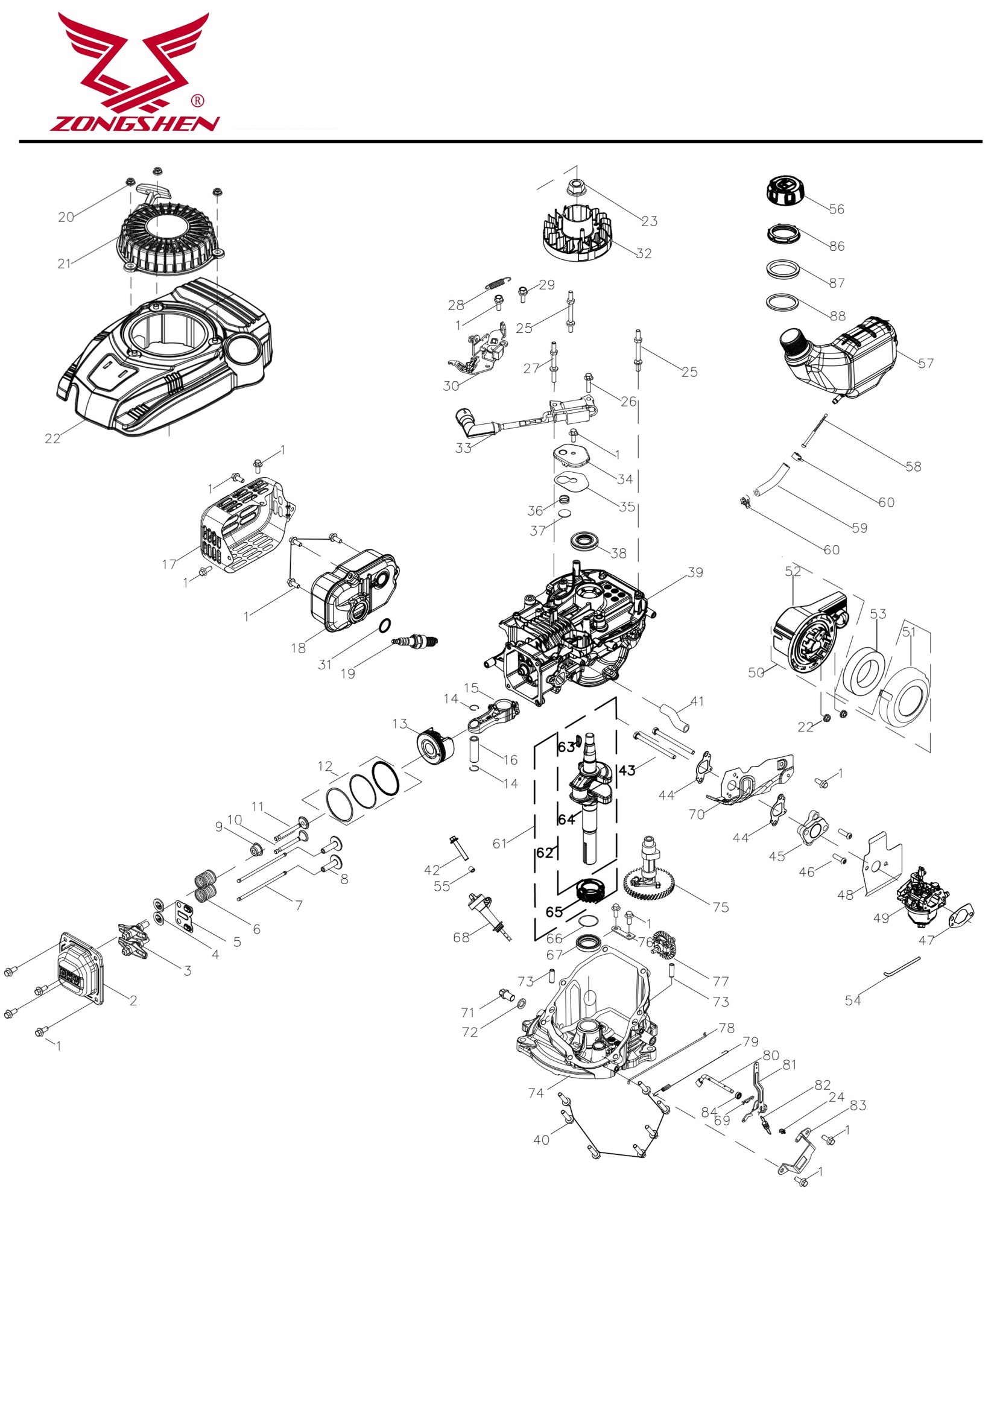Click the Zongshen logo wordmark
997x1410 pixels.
(134, 124)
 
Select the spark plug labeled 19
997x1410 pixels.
(417, 642)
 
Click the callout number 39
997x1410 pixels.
(695, 572)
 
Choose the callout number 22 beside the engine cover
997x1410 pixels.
(52, 438)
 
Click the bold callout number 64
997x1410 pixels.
(566, 819)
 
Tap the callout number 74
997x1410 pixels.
(536, 1093)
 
